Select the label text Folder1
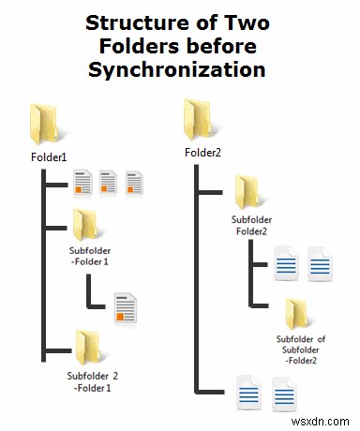pyautogui.click(x=41, y=157)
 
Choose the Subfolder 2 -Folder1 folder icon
pyautogui.click(x=87, y=344)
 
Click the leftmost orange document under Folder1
pyautogui.click(x=82, y=184)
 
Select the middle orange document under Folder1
pyautogui.click(x=108, y=184)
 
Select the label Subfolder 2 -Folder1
pyautogui.click(x=87, y=382)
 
